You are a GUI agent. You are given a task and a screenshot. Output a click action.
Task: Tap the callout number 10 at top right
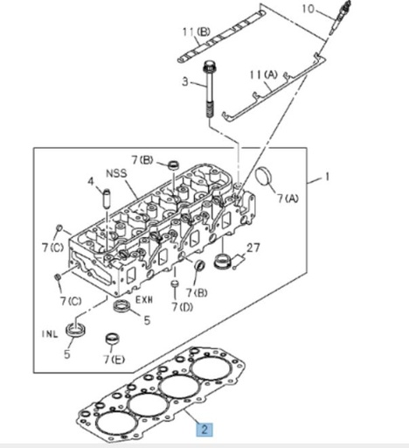(x=307, y=10)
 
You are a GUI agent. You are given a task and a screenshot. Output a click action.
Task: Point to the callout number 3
(x=184, y=81)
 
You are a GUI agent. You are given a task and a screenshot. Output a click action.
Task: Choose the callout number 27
(x=254, y=248)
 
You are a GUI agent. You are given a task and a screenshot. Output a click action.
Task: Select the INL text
(x=49, y=333)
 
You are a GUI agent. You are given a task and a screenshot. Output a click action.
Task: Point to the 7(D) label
(x=183, y=307)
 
